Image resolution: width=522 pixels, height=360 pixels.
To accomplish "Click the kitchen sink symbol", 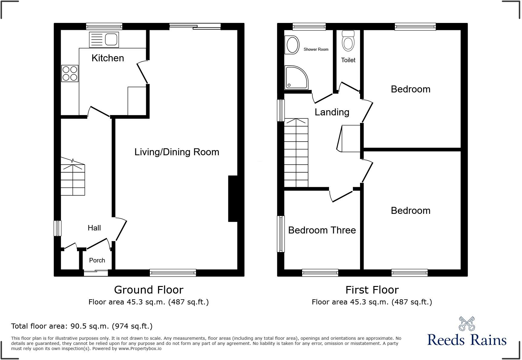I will tap(104, 40).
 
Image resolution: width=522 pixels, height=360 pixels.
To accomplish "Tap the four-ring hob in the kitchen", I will tap(70, 73).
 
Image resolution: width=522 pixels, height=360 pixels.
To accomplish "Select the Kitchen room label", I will tap(108, 58).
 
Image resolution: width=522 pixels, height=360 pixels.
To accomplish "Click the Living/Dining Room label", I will tap(177, 152).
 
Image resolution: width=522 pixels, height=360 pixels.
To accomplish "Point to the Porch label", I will tap(97, 260).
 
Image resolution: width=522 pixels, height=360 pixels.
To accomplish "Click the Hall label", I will tap(94, 228).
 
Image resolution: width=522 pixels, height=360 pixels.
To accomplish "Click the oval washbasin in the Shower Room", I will tap(292, 45).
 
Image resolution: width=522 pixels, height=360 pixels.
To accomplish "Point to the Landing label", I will tap(332, 112).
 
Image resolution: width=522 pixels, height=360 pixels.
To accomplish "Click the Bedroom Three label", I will tap(322, 230).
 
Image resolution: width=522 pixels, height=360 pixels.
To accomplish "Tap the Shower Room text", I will tap(316, 49).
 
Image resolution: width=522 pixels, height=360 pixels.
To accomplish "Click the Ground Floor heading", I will tap(149, 290).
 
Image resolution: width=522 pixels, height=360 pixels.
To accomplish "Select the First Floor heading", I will tap(372, 290).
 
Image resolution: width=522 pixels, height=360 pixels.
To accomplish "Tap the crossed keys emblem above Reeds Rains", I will tap(467, 323).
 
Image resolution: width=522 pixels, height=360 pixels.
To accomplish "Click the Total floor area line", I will tap(82, 326).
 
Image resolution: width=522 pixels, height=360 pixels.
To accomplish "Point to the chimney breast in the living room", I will tap(233, 199).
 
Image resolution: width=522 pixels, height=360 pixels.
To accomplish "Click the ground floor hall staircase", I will tap(73, 180).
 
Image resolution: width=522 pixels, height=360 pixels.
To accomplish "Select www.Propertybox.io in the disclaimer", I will tap(140, 349).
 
